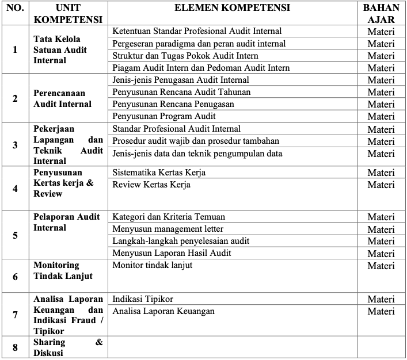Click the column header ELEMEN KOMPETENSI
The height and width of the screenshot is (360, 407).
tap(233, 9)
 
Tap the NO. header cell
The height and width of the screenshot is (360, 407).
tap(15, 9)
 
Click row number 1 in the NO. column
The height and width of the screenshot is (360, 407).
tap(15, 49)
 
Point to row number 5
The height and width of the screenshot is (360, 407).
tap(15, 235)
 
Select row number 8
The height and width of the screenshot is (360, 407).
tap(15, 347)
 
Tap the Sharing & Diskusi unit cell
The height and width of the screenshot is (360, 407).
tap(68, 347)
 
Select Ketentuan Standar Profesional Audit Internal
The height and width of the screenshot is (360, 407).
tap(197, 31)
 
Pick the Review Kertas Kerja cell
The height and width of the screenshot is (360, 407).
tap(151, 185)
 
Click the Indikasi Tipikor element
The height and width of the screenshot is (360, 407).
tap(143, 299)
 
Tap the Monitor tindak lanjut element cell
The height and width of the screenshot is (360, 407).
tap(153, 265)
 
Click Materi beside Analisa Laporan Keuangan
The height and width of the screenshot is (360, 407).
tap(381, 311)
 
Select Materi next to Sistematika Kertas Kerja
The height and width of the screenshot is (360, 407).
tap(381, 173)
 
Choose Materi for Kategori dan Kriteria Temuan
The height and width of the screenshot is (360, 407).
tap(381, 217)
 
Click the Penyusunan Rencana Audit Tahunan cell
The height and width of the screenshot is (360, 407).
tap(173, 92)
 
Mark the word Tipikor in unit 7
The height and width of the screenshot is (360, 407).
tap(49, 331)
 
